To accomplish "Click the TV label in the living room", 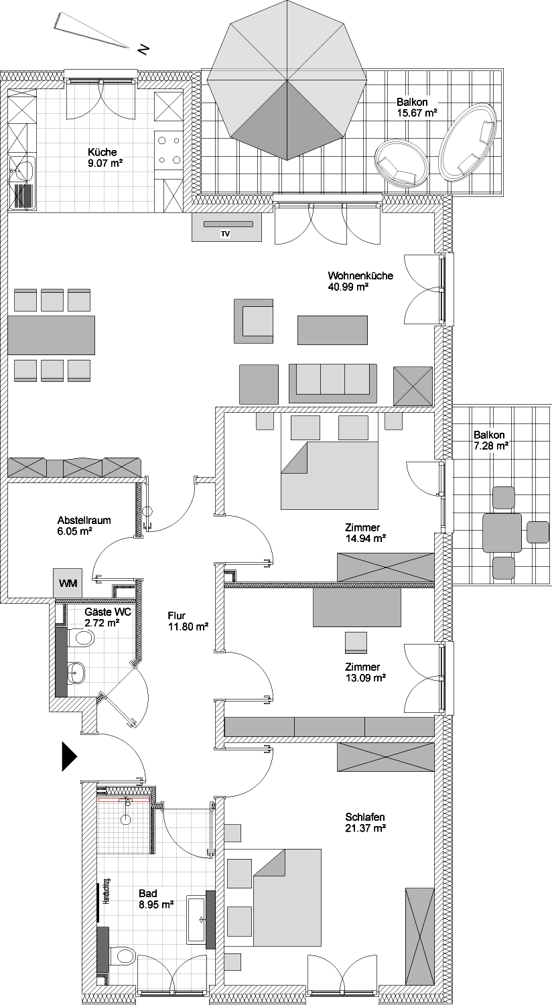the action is pos(225,234).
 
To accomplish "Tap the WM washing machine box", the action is pos(68,583).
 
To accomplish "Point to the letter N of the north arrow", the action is pos(143,48).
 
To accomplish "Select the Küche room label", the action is pos(102,152).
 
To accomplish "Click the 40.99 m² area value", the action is pos(348,287).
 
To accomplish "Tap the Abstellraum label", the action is pos(84,521).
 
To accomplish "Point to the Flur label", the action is pos(177,616).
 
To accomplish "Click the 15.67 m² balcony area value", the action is pos(417,113).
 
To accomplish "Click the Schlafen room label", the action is pos(365,817).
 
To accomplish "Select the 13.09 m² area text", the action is pos(366,678).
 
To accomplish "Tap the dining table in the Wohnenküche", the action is pos(51,335).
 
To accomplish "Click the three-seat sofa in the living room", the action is pos(333,383).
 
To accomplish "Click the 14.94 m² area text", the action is pos(366,539).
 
